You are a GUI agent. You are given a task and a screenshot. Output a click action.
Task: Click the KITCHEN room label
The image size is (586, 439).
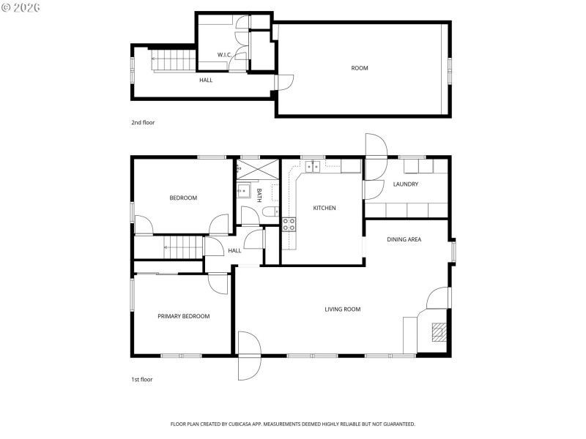(324, 208)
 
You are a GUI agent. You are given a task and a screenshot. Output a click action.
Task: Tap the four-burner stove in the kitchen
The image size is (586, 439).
(289, 225)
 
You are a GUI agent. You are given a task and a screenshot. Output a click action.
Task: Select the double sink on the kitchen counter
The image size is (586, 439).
(313, 167)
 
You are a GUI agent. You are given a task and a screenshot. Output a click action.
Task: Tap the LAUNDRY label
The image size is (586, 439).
(405, 184)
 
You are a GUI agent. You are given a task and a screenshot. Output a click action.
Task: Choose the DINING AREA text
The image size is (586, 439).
(404, 239)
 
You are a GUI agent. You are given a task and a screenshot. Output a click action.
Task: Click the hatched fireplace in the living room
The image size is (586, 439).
(437, 333)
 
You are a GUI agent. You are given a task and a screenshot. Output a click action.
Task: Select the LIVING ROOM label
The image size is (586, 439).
(343, 309)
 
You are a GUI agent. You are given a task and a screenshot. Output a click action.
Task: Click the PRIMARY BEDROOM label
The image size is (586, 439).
(184, 316)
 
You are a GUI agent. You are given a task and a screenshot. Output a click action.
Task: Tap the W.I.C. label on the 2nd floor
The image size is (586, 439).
(224, 55)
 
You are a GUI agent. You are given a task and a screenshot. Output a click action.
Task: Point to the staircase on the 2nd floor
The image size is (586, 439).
(174, 60)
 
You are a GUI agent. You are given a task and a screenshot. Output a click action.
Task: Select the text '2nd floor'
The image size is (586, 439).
(143, 122)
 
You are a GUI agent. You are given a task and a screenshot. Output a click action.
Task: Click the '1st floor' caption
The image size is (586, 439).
(142, 379)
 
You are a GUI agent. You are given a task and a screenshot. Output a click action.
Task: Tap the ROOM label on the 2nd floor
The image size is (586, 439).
(359, 68)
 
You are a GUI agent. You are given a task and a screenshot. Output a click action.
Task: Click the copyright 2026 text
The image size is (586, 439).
(21, 7)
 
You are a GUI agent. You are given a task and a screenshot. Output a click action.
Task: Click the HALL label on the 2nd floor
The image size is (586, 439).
(206, 80)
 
